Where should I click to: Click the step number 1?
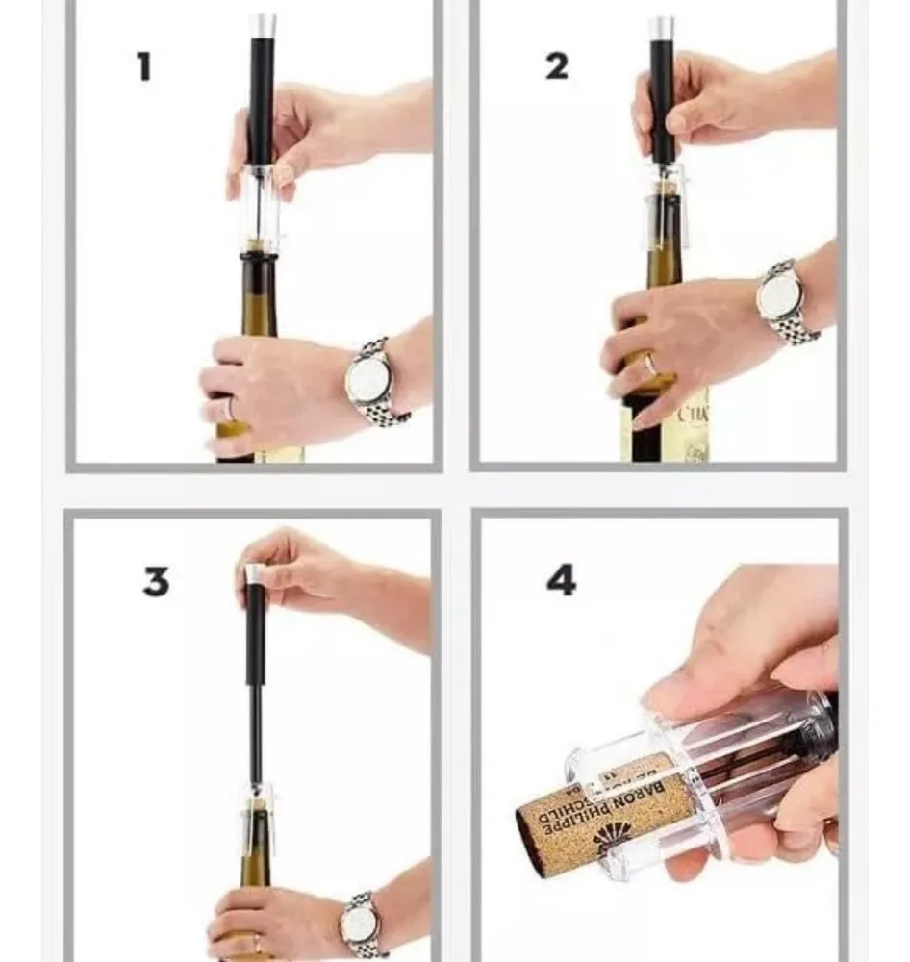click(x=144, y=67)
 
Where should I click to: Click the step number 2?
click(x=557, y=66)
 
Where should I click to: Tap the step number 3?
click(x=156, y=581)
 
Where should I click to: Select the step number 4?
click(x=561, y=580)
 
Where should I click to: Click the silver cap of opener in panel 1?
click(x=262, y=25)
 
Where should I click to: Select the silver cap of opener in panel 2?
click(x=661, y=27)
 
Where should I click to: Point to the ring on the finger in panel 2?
click(x=651, y=366)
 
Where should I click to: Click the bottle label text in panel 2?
click(x=695, y=416)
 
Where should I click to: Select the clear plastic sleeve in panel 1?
click(x=260, y=207)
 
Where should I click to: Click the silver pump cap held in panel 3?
click(x=254, y=573)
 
